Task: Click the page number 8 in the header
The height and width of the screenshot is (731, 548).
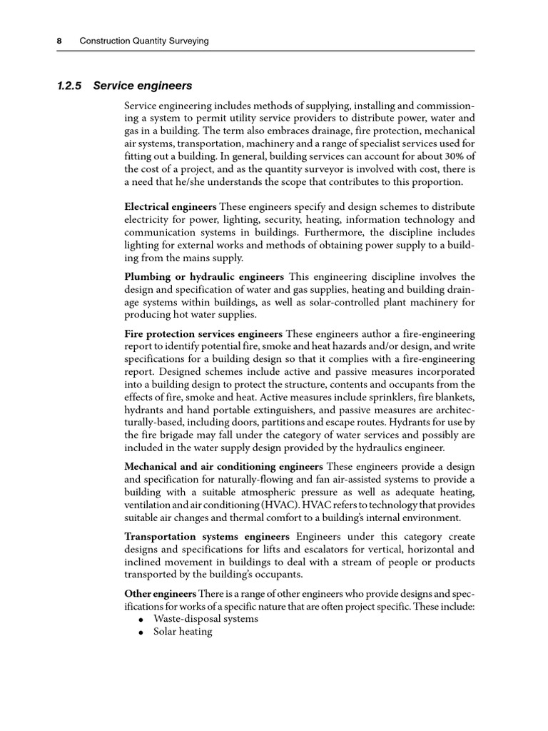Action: click(59, 41)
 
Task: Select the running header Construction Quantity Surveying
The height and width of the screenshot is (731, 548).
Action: click(143, 41)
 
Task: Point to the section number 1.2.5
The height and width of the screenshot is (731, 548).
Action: click(69, 86)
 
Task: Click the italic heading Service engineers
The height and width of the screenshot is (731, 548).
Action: click(143, 86)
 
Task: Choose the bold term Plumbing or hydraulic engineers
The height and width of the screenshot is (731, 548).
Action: click(204, 276)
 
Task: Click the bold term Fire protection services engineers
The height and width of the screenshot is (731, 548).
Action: click(203, 333)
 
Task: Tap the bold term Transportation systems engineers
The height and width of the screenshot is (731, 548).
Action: click(207, 536)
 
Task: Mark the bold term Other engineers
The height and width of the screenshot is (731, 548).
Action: click(160, 594)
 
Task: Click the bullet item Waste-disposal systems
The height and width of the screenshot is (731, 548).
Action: click(205, 619)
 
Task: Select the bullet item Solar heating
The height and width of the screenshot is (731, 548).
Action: click(183, 632)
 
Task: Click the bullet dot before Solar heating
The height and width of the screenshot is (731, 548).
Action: click(142, 633)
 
